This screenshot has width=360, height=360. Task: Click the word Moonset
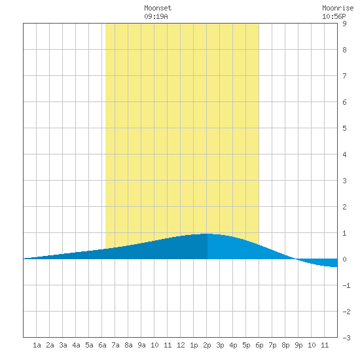click(x=158, y=8)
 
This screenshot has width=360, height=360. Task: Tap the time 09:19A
click(x=156, y=16)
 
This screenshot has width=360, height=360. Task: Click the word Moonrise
click(x=338, y=8)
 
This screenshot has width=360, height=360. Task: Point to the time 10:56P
click(x=334, y=16)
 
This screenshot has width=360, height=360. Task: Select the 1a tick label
click(x=37, y=345)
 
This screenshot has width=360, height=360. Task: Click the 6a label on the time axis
click(x=102, y=345)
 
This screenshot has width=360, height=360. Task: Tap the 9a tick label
click(x=141, y=345)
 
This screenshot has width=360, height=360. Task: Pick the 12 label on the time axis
click(x=181, y=345)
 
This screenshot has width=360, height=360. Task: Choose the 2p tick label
click(x=207, y=345)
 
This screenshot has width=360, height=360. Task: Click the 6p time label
click(x=259, y=345)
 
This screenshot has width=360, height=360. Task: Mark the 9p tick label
click(x=298, y=345)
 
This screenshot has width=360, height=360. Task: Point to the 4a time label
click(x=76, y=345)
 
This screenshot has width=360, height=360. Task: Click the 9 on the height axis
click(x=344, y=24)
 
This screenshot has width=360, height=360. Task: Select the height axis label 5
click(x=344, y=128)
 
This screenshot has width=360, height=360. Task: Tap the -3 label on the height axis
click(x=346, y=338)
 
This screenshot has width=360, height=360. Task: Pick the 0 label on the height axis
click(x=344, y=259)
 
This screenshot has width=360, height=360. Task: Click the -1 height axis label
click(x=346, y=285)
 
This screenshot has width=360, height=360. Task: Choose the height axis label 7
click(x=344, y=76)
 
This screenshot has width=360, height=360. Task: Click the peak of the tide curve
click(x=207, y=234)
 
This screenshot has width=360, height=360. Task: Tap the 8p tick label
click(x=285, y=345)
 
